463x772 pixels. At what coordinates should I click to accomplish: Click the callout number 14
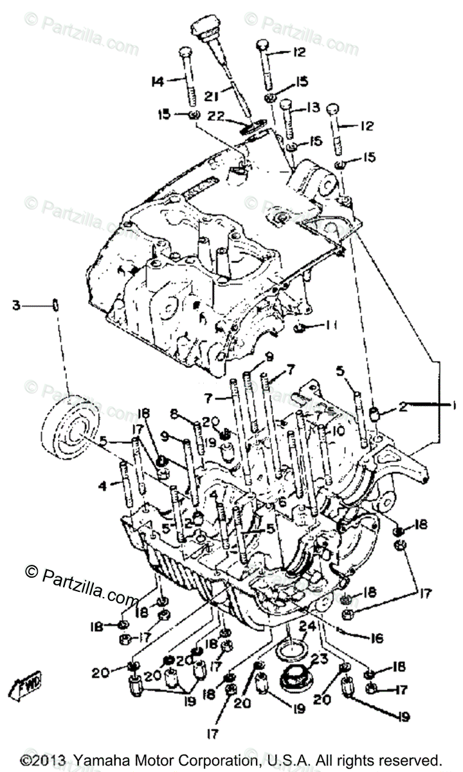pos(157,81)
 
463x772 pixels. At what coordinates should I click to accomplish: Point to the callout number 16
pos(377,638)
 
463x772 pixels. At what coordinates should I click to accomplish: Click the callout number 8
pos(173,414)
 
